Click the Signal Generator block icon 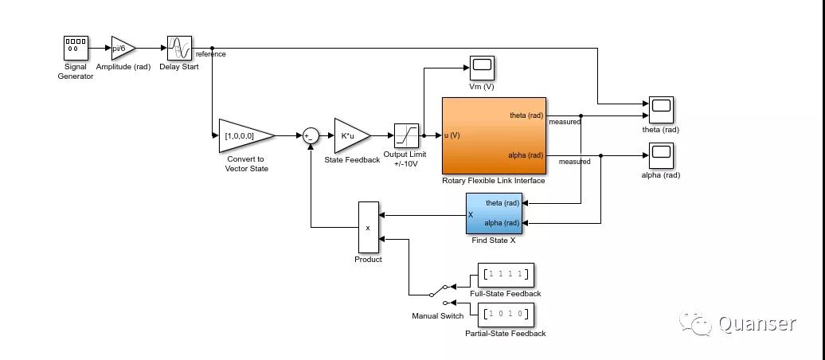(76, 48)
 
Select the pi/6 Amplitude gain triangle (122, 48)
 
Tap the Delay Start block (179, 48)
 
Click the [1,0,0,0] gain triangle (243, 135)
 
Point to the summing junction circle (311, 136)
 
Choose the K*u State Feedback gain (350, 135)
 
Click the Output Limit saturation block (406, 135)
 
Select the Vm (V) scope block (482, 68)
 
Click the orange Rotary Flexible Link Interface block (494, 135)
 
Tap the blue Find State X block (494, 213)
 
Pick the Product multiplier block (368, 227)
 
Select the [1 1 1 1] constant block (505, 275)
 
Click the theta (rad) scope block (661, 109)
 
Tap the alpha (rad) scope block (661, 155)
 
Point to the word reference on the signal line (211, 55)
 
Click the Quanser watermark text (757, 323)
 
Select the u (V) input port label (452, 135)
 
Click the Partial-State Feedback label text (505, 334)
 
